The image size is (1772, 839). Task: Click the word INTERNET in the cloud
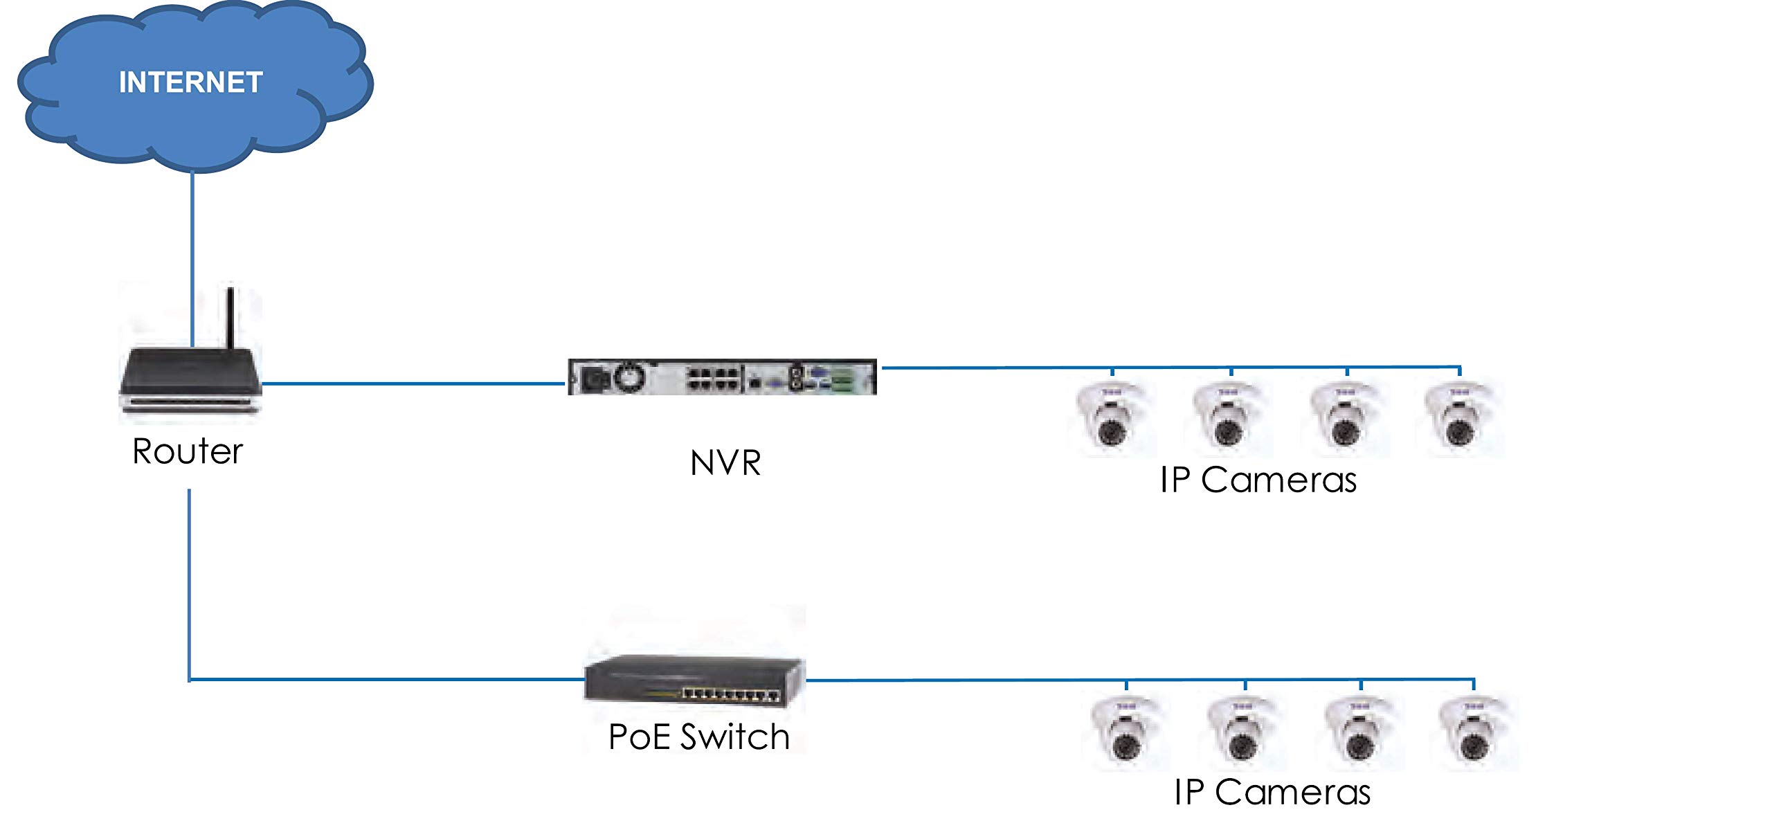tap(190, 82)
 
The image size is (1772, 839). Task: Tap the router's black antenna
tap(230, 318)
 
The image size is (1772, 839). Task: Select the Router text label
tap(188, 451)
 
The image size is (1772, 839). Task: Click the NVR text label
tap(725, 462)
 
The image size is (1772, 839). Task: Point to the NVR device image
tap(722, 378)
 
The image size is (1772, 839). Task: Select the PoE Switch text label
tap(699, 736)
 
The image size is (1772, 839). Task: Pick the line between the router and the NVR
tap(415, 383)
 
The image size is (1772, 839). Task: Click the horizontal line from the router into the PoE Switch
tap(388, 680)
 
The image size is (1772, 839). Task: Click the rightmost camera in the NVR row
tap(1461, 417)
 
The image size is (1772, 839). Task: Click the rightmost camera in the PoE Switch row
tap(1475, 732)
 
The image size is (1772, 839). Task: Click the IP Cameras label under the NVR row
tap(1258, 480)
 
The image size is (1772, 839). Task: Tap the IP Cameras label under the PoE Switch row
tap(1272, 792)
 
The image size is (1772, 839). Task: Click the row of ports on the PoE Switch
tap(731, 694)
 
